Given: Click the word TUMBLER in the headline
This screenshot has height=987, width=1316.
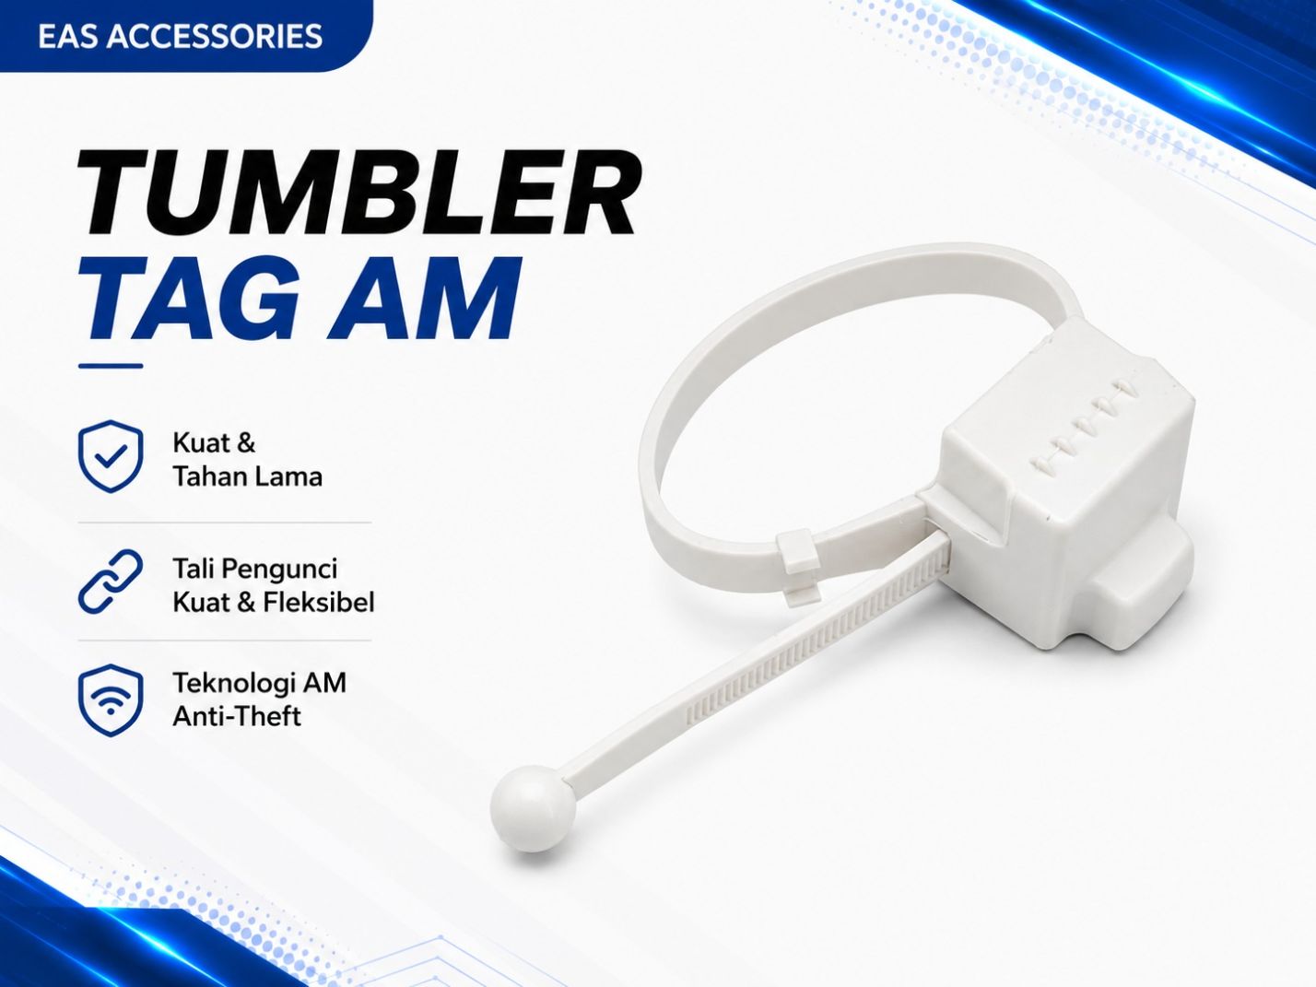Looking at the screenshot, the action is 359,193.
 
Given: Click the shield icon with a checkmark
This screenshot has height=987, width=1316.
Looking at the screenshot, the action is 111,456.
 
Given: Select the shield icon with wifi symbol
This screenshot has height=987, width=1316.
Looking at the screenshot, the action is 111,700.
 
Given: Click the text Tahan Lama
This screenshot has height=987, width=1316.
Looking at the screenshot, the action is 248,477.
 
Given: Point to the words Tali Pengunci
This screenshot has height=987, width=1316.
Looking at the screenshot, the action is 255,570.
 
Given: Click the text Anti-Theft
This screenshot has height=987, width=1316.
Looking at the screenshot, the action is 237,716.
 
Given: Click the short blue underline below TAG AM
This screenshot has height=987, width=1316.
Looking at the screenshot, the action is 111,366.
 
